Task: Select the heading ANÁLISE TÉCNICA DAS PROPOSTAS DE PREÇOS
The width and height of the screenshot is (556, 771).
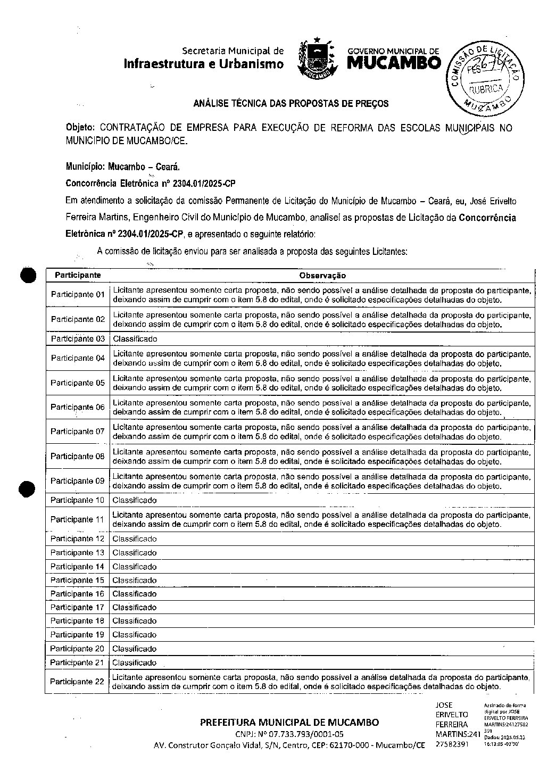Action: click(291, 103)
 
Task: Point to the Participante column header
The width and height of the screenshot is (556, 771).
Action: click(78, 275)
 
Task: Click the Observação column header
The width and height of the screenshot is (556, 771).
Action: click(322, 276)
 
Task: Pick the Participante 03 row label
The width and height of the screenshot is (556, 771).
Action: click(78, 339)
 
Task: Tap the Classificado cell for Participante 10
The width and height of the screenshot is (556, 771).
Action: click(135, 500)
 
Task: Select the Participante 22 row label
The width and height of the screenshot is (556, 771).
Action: click(77, 682)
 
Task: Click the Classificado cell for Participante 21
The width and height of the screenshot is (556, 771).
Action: click(135, 662)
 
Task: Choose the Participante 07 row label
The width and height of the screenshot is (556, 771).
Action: click(78, 432)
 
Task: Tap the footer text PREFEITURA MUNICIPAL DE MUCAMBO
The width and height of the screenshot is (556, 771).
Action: click(289, 722)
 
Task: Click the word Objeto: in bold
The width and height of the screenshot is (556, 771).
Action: click(80, 128)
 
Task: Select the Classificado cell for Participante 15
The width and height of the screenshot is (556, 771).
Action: click(135, 580)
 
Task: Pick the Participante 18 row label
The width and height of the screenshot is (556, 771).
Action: click(77, 621)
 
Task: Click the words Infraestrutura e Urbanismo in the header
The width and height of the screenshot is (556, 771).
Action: click(204, 64)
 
